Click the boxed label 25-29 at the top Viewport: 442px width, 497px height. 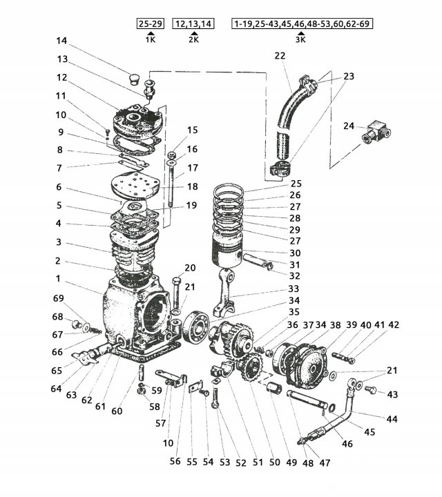pyautogui.click(x=151, y=23)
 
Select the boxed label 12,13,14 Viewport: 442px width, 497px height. pyautogui.click(x=193, y=23)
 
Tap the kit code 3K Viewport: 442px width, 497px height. pyautogui.click(x=300, y=39)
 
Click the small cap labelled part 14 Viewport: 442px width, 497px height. pyautogui.click(x=135, y=79)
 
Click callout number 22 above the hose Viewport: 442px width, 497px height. pyautogui.click(x=280, y=56)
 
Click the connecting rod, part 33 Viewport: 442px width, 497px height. pyautogui.click(x=225, y=292)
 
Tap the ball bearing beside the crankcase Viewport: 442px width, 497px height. pyautogui.click(x=195, y=327)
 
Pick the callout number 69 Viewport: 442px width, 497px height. pyautogui.click(x=58, y=298)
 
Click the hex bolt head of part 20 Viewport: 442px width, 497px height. pyautogui.click(x=177, y=281)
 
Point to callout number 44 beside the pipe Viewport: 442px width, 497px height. pyautogui.click(x=392, y=419)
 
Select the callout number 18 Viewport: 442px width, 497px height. pyautogui.click(x=193, y=186)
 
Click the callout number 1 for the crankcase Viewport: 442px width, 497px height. pyautogui.click(x=58, y=279)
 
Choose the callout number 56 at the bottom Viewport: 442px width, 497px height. pyautogui.click(x=175, y=461)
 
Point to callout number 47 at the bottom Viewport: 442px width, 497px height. pyautogui.click(x=325, y=463)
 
